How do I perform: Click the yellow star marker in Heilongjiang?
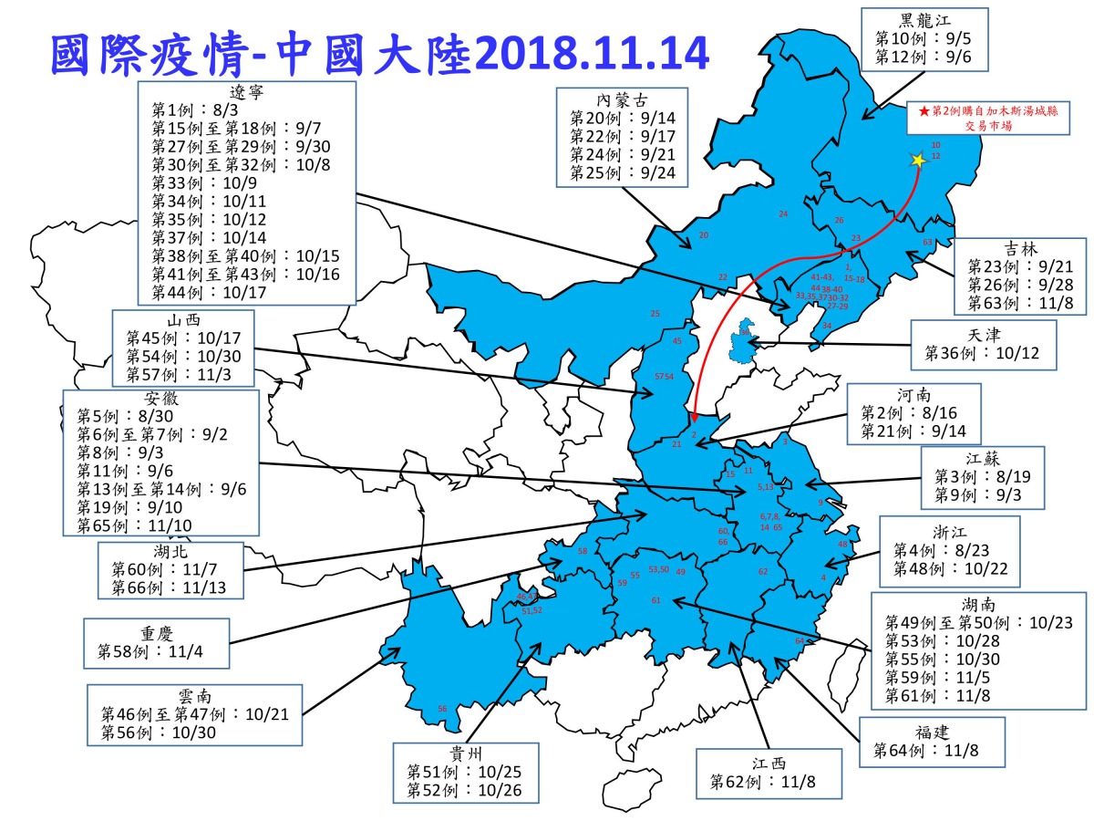(x=917, y=160)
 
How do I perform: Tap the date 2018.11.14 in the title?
(x=592, y=55)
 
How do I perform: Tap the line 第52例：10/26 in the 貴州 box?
(x=464, y=790)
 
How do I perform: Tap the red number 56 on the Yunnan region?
(x=442, y=709)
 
